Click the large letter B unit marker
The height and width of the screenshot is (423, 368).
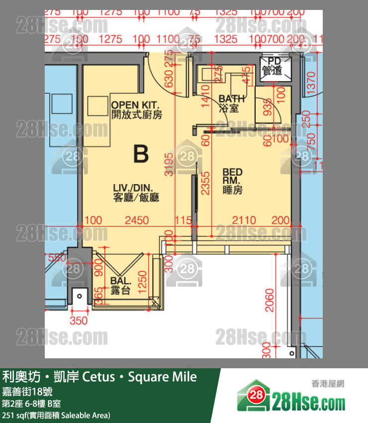[141, 154]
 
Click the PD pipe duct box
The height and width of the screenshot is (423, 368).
[272, 66]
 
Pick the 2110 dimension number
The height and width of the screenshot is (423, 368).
[244, 220]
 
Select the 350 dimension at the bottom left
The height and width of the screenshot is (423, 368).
[79, 320]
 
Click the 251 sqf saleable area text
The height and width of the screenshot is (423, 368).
[56, 415]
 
